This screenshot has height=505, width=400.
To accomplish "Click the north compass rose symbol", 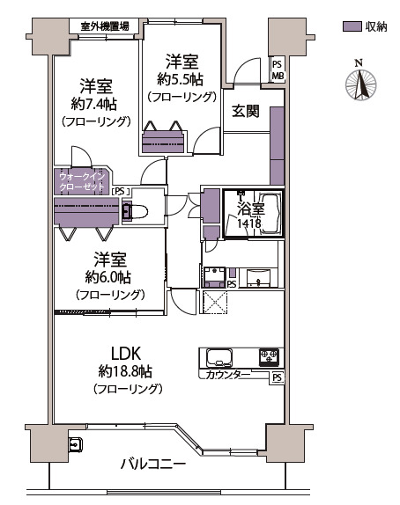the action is coord(360,84).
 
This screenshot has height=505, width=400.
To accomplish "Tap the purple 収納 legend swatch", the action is coord(352,26).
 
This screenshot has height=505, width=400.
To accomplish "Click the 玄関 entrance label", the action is coord(246,112).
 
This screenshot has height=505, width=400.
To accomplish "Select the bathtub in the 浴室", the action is coord(270,214).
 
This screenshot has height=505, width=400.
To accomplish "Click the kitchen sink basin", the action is coord(219,357).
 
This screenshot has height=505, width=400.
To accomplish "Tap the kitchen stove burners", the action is coord(269,357).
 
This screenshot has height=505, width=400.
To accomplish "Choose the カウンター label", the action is coord(227,375).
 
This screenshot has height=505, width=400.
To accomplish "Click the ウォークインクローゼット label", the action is coord(82,182).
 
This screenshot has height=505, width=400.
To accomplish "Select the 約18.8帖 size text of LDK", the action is coord(125,372).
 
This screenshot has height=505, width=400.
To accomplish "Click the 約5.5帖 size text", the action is coord(181,79).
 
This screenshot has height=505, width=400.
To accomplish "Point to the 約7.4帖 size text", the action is coord(94,104).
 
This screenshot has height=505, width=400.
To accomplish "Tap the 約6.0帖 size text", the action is coord(108,277).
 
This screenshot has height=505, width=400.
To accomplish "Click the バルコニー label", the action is coord(153,465).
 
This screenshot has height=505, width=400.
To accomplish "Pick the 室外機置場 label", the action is coord(105,26).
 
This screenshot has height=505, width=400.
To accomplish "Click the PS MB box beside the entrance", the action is coord(278,70).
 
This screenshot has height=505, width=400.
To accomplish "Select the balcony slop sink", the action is coord(76,444).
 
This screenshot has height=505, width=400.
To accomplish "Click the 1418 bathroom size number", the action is coord(249,223).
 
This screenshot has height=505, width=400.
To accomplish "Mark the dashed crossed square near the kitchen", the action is coord(214,302).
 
